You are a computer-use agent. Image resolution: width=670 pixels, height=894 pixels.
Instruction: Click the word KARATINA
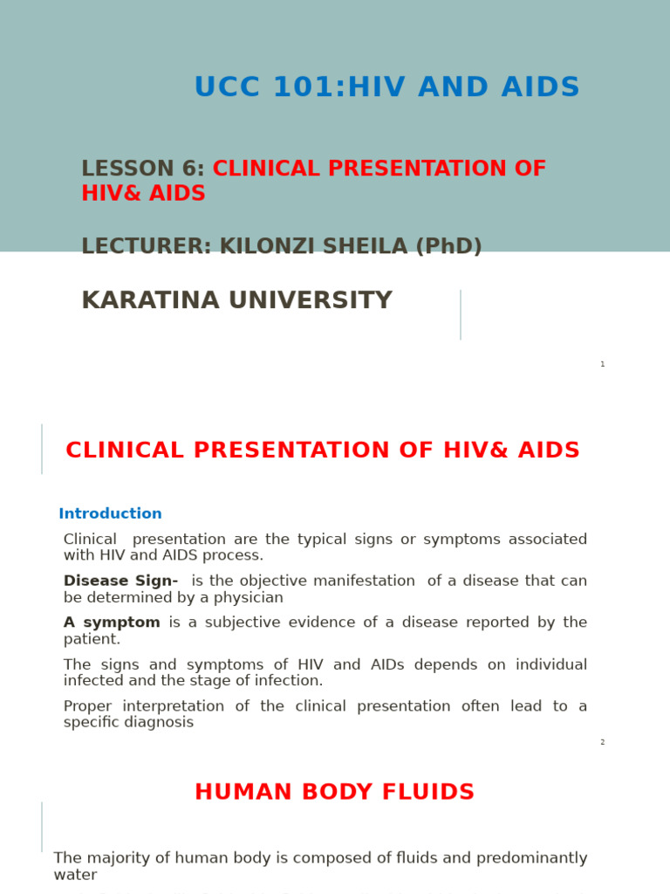(x=150, y=301)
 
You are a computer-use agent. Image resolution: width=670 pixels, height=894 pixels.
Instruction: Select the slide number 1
(x=602, y=364)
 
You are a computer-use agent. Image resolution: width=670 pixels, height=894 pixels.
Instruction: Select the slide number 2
(x=602, y=742)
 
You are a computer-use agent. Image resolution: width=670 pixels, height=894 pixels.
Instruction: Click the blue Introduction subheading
(x=110, y=514)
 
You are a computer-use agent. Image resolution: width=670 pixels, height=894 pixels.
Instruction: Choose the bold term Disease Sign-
(x=120, y=581)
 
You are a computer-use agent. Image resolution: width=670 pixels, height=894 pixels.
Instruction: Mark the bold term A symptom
(x=112, y=622)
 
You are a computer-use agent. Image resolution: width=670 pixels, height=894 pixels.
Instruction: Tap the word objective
(x=273, y=581)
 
